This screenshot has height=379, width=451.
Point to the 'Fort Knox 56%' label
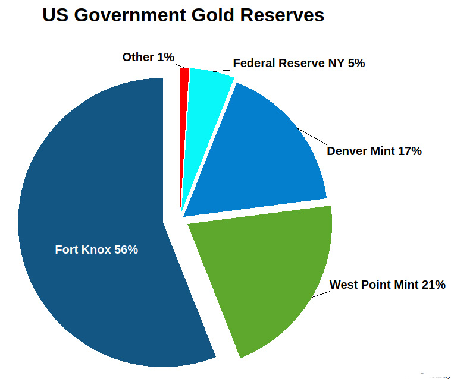[x=96, y=250]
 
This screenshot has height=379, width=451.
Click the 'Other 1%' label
[x=148, y=58]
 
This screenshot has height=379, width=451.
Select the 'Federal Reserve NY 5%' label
[x=299, y=63]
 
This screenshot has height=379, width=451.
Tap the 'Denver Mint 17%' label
[x=374, y=151]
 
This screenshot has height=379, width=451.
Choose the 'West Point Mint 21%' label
[x=387, y=285]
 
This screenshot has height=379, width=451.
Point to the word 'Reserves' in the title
[x=283, y=15]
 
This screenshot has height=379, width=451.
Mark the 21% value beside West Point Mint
[x=433, y=285]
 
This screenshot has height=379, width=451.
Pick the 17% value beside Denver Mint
[x=410, y=151]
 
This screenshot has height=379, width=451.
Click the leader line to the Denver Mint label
[x=312, y=136]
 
